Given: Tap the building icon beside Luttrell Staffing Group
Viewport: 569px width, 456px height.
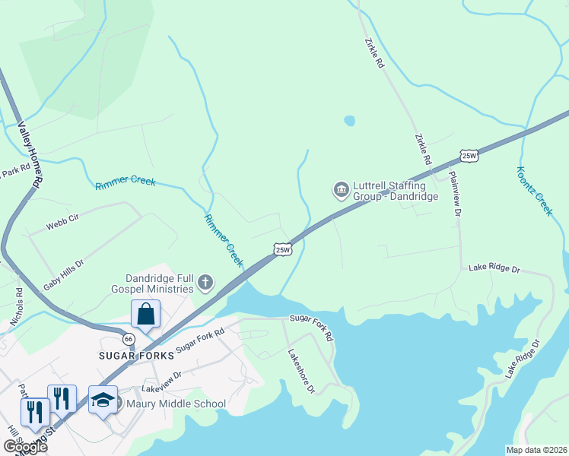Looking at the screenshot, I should pyautogui.click(x=341, y=188).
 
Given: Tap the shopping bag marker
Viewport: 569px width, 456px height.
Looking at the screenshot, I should pyautogui.click(x=145, y=314).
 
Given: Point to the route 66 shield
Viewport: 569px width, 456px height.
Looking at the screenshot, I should pyautogui.click(x=129, y=338).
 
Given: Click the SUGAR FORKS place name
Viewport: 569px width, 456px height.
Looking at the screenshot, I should pyautogui.click(x=132, y=355).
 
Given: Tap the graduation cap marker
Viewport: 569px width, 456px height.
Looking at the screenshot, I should pyautogui.click(x=103, y=400).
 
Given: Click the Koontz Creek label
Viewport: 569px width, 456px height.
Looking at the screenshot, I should pyautogui.click(x=534, y=191).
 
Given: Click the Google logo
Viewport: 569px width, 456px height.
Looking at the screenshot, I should pyautogui.click(x=25, y=447).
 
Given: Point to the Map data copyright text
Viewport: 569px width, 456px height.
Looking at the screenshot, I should pyautogui.click(x=536, y=449).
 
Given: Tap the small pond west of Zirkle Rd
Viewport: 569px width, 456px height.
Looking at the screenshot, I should pyautogui.click(x=349, y=120).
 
